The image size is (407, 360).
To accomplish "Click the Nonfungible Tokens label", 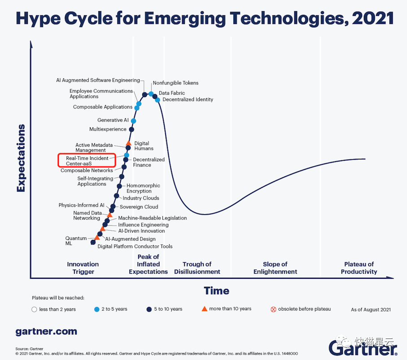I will (x=175, y=83).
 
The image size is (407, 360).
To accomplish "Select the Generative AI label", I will (x=113, y=120).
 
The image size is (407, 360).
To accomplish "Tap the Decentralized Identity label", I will (x=188, y=100).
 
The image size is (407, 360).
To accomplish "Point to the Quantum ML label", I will (x=76, y=241).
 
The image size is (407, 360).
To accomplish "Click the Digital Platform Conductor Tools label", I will (x=135, y=246).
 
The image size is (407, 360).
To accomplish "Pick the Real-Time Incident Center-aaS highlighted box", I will (x=87, y=161).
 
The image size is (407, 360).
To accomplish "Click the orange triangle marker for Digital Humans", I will (x=129, y=143).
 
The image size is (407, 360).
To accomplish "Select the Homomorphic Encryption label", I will (x=143, y=189).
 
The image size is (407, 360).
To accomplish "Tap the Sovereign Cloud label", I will (x=139, y=207).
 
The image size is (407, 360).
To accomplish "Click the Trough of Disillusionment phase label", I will (x=197, y=268).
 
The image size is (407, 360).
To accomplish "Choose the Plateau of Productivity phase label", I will (x=359, y=268).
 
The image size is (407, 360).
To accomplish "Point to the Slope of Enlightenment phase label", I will (x=275, y=268).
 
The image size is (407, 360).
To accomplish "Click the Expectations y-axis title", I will (x=21, y=158).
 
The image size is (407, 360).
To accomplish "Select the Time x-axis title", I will (x=217, y=291).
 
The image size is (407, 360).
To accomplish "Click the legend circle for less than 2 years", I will (x=35, y=309).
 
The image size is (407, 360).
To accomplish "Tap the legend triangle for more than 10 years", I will (x=204, y=309).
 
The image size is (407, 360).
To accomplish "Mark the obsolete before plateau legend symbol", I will (x=273, y=309).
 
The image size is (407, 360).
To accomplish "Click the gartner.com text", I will (x=46, y=332).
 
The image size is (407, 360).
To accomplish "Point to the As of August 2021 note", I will (x=371, y=310).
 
